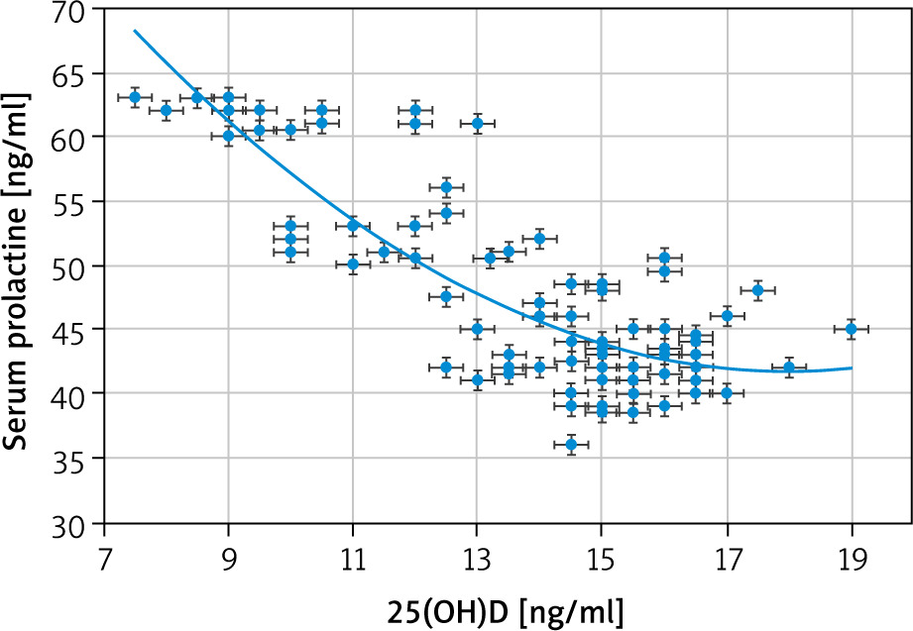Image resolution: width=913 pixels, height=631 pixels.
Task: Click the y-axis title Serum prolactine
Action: coord(18,265)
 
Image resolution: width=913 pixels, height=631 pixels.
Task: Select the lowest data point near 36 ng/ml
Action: coord(571,445)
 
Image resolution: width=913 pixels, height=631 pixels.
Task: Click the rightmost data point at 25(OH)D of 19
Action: coord(852,329)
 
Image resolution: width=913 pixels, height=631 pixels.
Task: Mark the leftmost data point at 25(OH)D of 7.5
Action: coord(135,97)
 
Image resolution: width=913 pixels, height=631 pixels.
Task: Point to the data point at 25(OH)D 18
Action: coord(789,368)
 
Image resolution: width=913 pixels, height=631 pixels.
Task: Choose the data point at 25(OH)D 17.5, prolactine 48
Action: coord(758,290)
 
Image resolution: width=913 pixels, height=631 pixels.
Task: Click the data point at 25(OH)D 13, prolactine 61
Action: coord(478,124)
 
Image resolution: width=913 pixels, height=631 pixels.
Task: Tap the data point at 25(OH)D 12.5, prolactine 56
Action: coord(446,187)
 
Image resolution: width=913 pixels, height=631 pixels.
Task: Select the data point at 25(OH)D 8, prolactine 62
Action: coord(167,111)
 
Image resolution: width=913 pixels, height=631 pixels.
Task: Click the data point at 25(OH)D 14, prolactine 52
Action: coord(539,239)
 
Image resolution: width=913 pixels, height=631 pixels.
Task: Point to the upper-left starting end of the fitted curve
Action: coord(135,31)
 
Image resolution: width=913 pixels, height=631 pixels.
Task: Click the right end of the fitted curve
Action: coord(852,368)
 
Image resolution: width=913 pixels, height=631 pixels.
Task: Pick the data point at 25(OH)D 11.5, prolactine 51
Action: coord(385,252)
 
